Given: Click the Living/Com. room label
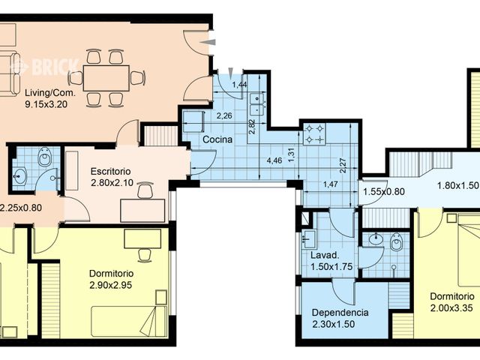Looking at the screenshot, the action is pyautogui.click(x=50, y=92).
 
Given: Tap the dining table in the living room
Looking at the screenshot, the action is pyautogui.click(x=106, y=78).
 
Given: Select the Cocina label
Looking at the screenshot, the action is pyautogui.click(x=217, y=139).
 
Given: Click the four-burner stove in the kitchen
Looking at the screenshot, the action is pyautogui.click(x=315, y=133).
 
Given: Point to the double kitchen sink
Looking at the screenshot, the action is pyautogui.click(x=256, y=103).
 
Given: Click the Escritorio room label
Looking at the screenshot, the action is pyautogui.click(x=110, y=171).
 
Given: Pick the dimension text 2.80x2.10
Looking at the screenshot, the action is pyautogui.click(x=112, y=183).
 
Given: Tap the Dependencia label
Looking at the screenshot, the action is pyautogui.click(x=340, y=313).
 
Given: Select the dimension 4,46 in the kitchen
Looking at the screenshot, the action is pyautogui.click(x=274, y=160).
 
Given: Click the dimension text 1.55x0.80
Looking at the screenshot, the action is pyautogui.click(x=384, y=192).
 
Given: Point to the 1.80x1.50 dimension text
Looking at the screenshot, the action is pyautogui.click(x=457, y=185).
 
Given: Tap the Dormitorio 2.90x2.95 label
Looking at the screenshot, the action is pyautogui.click(x=111, y=279).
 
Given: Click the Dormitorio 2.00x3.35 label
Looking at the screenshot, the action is pyautogui.click(x=452, y=302).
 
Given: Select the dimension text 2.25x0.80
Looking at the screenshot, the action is pyautogui.click(x=21, y=208).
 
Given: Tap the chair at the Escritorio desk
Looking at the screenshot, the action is pyautogui.click(x=145, y=190).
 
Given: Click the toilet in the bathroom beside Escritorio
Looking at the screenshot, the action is pyautogui.click(x=45, y=157).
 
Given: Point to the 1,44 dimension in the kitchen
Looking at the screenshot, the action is pyautogui.click(x=240, y=85).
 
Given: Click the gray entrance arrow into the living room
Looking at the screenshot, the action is pyautogui.click(x=210, y=43).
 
